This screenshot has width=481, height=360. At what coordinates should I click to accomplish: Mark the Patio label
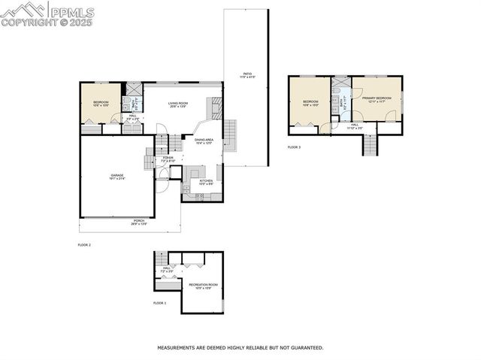pos(247,75)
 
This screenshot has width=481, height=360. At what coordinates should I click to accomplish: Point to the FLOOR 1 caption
pos(159,303)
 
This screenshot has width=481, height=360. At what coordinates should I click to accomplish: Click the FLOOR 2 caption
pos(84,245)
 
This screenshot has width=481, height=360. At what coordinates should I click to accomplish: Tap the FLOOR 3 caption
pos(294,147)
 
